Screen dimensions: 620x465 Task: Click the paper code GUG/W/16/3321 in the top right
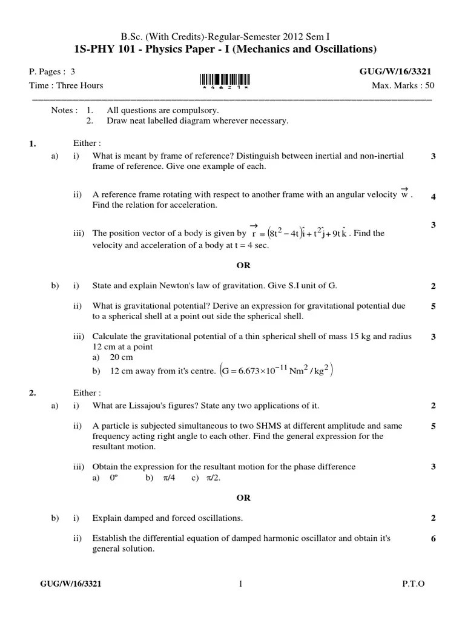pos(395,71)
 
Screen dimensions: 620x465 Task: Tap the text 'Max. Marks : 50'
pos(403,85)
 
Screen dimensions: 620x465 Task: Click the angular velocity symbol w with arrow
pos(405,194)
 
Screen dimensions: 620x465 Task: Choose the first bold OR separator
pos(243,265)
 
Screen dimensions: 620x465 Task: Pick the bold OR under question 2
pos(243,498)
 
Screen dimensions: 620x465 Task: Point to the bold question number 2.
pos(33,392)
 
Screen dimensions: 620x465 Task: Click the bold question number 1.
pos(33,143)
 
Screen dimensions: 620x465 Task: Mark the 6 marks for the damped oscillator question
pos(433,539)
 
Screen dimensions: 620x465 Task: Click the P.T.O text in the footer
pos(414,584)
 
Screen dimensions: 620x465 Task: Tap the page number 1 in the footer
pos(240,584)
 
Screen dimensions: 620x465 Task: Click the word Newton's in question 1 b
pos(156,285)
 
